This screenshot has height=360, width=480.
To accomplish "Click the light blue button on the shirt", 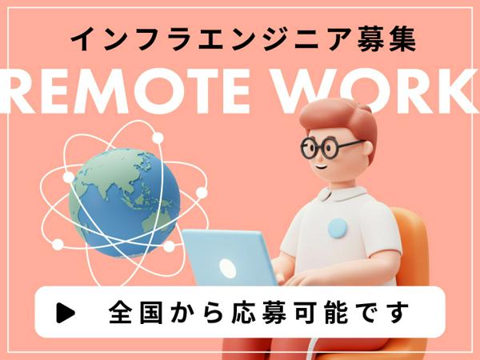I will (x=338, y=229).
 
